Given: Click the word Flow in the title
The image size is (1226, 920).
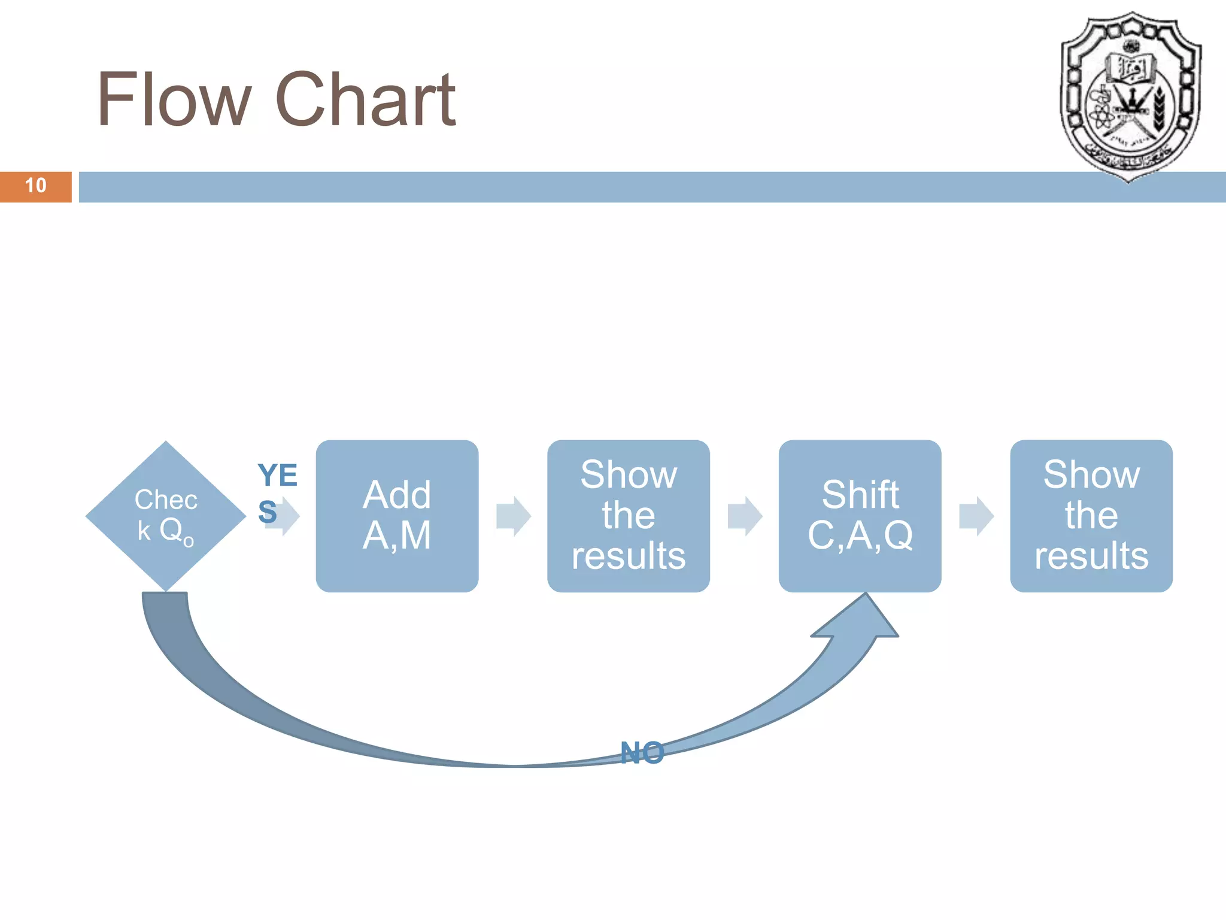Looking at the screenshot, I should tap(174, 99).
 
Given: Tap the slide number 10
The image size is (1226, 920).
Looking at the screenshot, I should tap(35, 186).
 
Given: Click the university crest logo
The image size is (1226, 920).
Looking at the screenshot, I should tap(1130, 96).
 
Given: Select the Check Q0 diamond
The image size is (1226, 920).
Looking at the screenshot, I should tap(166, 516).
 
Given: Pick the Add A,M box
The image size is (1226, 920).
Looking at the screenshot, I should tap(397, 516).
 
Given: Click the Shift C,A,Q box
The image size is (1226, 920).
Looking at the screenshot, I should tap(860, 516).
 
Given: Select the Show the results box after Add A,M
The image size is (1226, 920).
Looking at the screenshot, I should tap(628, 516).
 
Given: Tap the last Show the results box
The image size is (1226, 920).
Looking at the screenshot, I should tap(1091, 516).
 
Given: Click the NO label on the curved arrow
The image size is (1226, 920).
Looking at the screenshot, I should tap(642, 753).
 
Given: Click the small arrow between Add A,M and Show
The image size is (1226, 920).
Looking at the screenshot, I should tap(513, 516).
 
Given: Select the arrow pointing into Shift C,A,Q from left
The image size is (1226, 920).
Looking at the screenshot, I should tap(744, 516).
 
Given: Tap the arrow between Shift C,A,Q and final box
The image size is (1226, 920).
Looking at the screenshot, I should tap(976, 516).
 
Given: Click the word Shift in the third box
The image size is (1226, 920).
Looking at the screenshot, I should tap(860, 495).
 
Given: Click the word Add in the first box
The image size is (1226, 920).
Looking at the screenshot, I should tap(397, 495).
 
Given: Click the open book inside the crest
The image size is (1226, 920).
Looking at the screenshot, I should tap(1130, 67).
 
